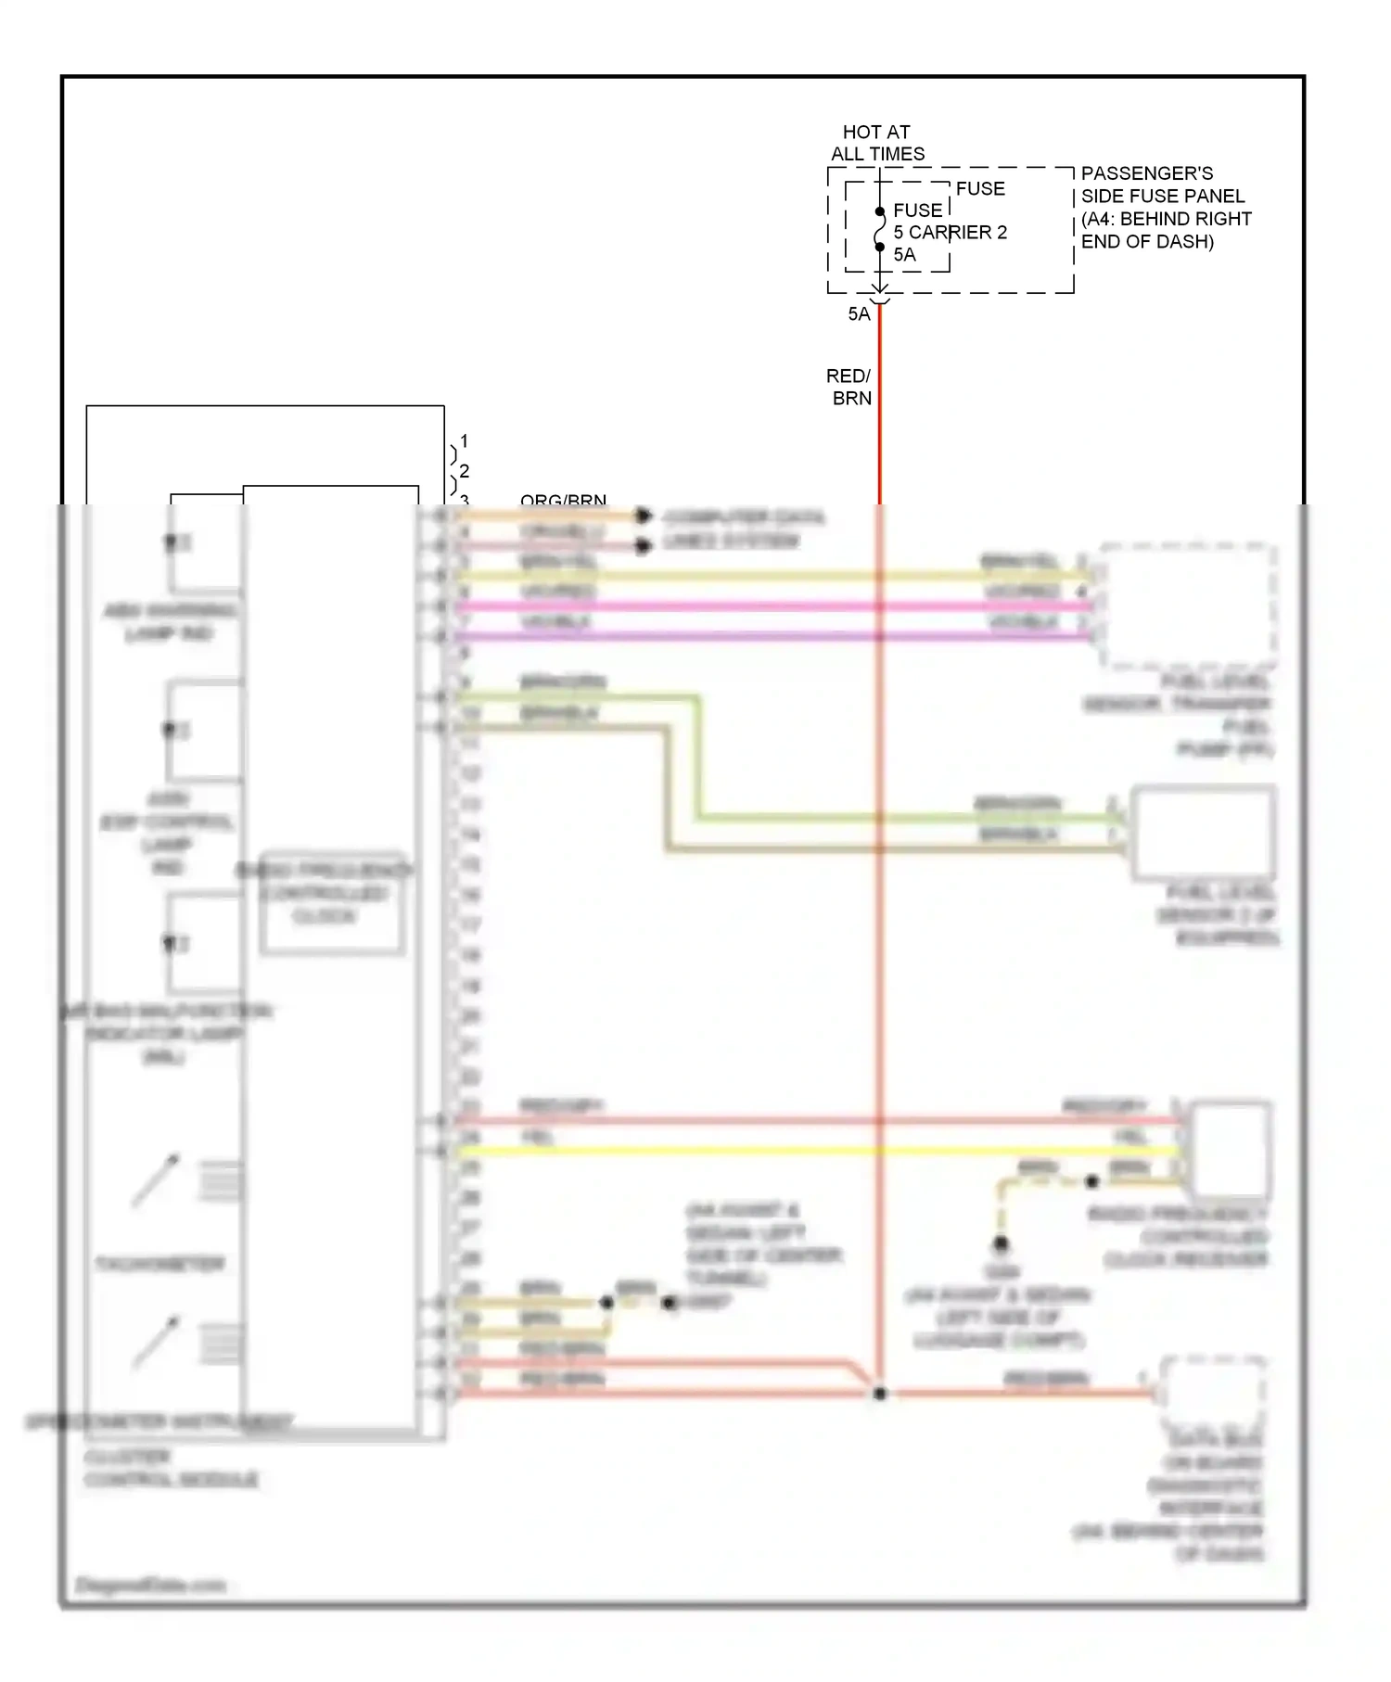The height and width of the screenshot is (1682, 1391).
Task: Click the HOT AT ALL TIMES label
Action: (x=876, y=143)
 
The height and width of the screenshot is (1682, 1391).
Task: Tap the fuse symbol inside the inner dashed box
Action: (x=880, y=229)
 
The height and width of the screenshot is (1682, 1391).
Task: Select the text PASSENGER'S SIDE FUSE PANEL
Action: (x=1163, y=185)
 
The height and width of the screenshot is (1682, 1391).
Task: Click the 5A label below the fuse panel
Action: (x=859, y=314)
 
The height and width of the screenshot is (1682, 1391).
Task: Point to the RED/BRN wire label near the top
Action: (x=849, y=387)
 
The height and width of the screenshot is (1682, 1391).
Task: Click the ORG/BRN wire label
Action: (x=563, y=501)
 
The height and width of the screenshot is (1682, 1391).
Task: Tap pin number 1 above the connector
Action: (x=464, y=441)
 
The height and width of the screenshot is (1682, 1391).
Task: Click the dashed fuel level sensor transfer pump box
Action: (x=1187, y=607)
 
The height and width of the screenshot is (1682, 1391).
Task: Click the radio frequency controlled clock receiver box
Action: (x=1230, y=1150)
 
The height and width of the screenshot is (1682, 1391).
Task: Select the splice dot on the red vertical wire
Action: (x=879, y=1394)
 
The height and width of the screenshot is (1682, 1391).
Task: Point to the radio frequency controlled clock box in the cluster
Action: (x=332, y=902)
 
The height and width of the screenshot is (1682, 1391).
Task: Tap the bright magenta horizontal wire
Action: (x=770, y=606)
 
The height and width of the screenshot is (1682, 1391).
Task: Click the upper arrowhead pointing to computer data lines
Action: (x=643, y=516)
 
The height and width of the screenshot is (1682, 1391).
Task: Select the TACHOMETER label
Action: (x=160, y=1264)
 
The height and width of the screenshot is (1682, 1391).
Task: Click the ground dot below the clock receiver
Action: (x=1001, y=1243)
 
